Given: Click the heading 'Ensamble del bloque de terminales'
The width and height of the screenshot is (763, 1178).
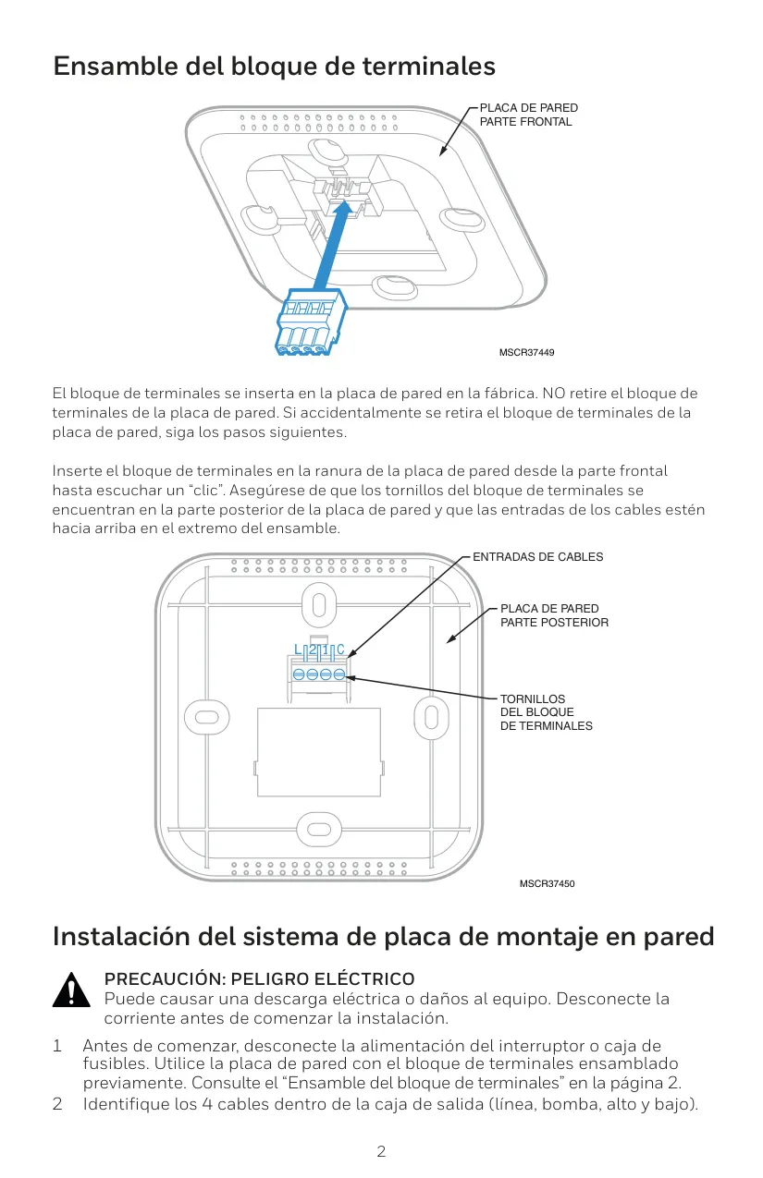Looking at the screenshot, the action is (275, 67).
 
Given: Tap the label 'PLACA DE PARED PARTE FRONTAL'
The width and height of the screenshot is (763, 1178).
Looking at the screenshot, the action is (529, 115).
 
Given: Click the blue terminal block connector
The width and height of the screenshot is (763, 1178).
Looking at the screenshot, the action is (311, 322).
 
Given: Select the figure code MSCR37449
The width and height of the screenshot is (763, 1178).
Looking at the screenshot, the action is (526, 352).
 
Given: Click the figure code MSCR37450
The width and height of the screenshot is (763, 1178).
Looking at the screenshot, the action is (548, 883).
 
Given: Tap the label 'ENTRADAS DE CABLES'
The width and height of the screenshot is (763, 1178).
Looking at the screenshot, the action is (537, 557).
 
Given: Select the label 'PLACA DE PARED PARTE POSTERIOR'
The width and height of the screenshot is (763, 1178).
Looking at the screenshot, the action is (554, 615).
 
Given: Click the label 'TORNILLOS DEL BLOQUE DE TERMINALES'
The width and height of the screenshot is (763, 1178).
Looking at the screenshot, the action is (546, 712).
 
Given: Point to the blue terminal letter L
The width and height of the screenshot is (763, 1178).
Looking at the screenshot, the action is (298, 650).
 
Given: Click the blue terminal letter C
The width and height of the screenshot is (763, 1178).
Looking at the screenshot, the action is (340, 650).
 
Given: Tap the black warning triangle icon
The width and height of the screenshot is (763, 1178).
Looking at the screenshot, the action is (71, 990).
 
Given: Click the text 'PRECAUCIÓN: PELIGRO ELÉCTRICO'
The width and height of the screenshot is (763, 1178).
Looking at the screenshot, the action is (259, 978).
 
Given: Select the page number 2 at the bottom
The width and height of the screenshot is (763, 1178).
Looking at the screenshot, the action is (381, 1152).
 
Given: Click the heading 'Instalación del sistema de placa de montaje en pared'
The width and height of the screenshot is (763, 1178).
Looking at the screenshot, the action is (383, 937).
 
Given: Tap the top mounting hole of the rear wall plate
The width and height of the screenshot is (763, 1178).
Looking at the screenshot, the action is (319, 605).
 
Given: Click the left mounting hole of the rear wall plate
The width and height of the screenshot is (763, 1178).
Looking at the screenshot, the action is (206, 717).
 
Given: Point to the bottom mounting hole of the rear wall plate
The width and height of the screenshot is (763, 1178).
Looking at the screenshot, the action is (318, 830).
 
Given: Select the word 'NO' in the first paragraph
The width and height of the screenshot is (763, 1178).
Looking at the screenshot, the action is (553, 394).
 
